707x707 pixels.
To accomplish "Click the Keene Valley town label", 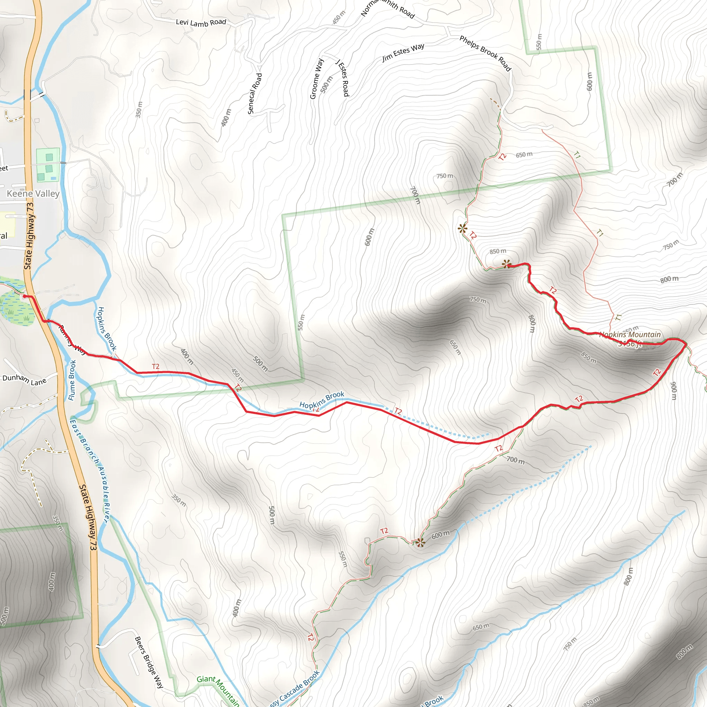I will coord(33,194).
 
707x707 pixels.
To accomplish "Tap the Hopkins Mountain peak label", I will coord(629,335).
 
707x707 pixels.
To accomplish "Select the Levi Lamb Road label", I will coord(201,23).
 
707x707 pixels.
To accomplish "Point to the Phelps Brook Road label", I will coord(485,53).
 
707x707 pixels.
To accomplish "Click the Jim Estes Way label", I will coord(403,52).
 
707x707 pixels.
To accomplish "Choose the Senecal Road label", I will coord(255,93).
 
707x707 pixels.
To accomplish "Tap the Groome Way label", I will coord(317,78).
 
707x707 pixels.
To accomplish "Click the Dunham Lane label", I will coord(24,380).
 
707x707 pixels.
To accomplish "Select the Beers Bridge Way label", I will coord(149,662).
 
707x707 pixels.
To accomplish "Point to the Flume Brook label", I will coord(72,380).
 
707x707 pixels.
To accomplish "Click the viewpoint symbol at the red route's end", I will coord(506,264).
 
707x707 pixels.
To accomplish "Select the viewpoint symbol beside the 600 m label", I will coord(420,542).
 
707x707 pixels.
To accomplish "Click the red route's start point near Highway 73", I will coord(25,296).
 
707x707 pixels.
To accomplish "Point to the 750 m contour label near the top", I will coord(445,176).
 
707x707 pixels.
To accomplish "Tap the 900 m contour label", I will coord(673,391).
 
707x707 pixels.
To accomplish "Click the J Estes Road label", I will coord(342,78).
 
